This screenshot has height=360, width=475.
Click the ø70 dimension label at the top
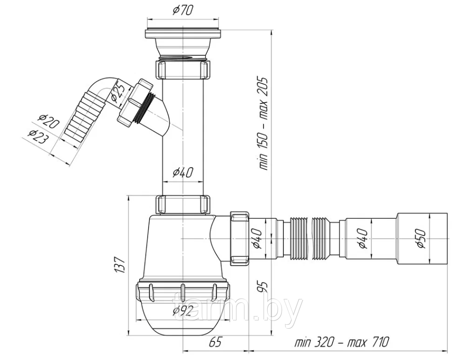click(183, 11)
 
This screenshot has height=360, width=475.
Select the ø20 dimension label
click(48, 121)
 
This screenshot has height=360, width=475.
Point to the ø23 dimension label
click(38, 136)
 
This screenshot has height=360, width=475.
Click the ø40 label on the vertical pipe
click(183, 172)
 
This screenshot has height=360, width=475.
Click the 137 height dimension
click(119, 265)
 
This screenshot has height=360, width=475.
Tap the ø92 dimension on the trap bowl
click(183, 311)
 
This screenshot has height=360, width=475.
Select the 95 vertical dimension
click(263, 286)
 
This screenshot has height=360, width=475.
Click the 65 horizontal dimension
click(215, 342)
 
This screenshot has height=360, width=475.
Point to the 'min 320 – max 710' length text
click(342, 342)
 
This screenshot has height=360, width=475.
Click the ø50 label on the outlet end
click(422, 238)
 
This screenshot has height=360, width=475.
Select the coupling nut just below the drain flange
click(183, 69)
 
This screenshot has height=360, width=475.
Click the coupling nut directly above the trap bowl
click(183, 205)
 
